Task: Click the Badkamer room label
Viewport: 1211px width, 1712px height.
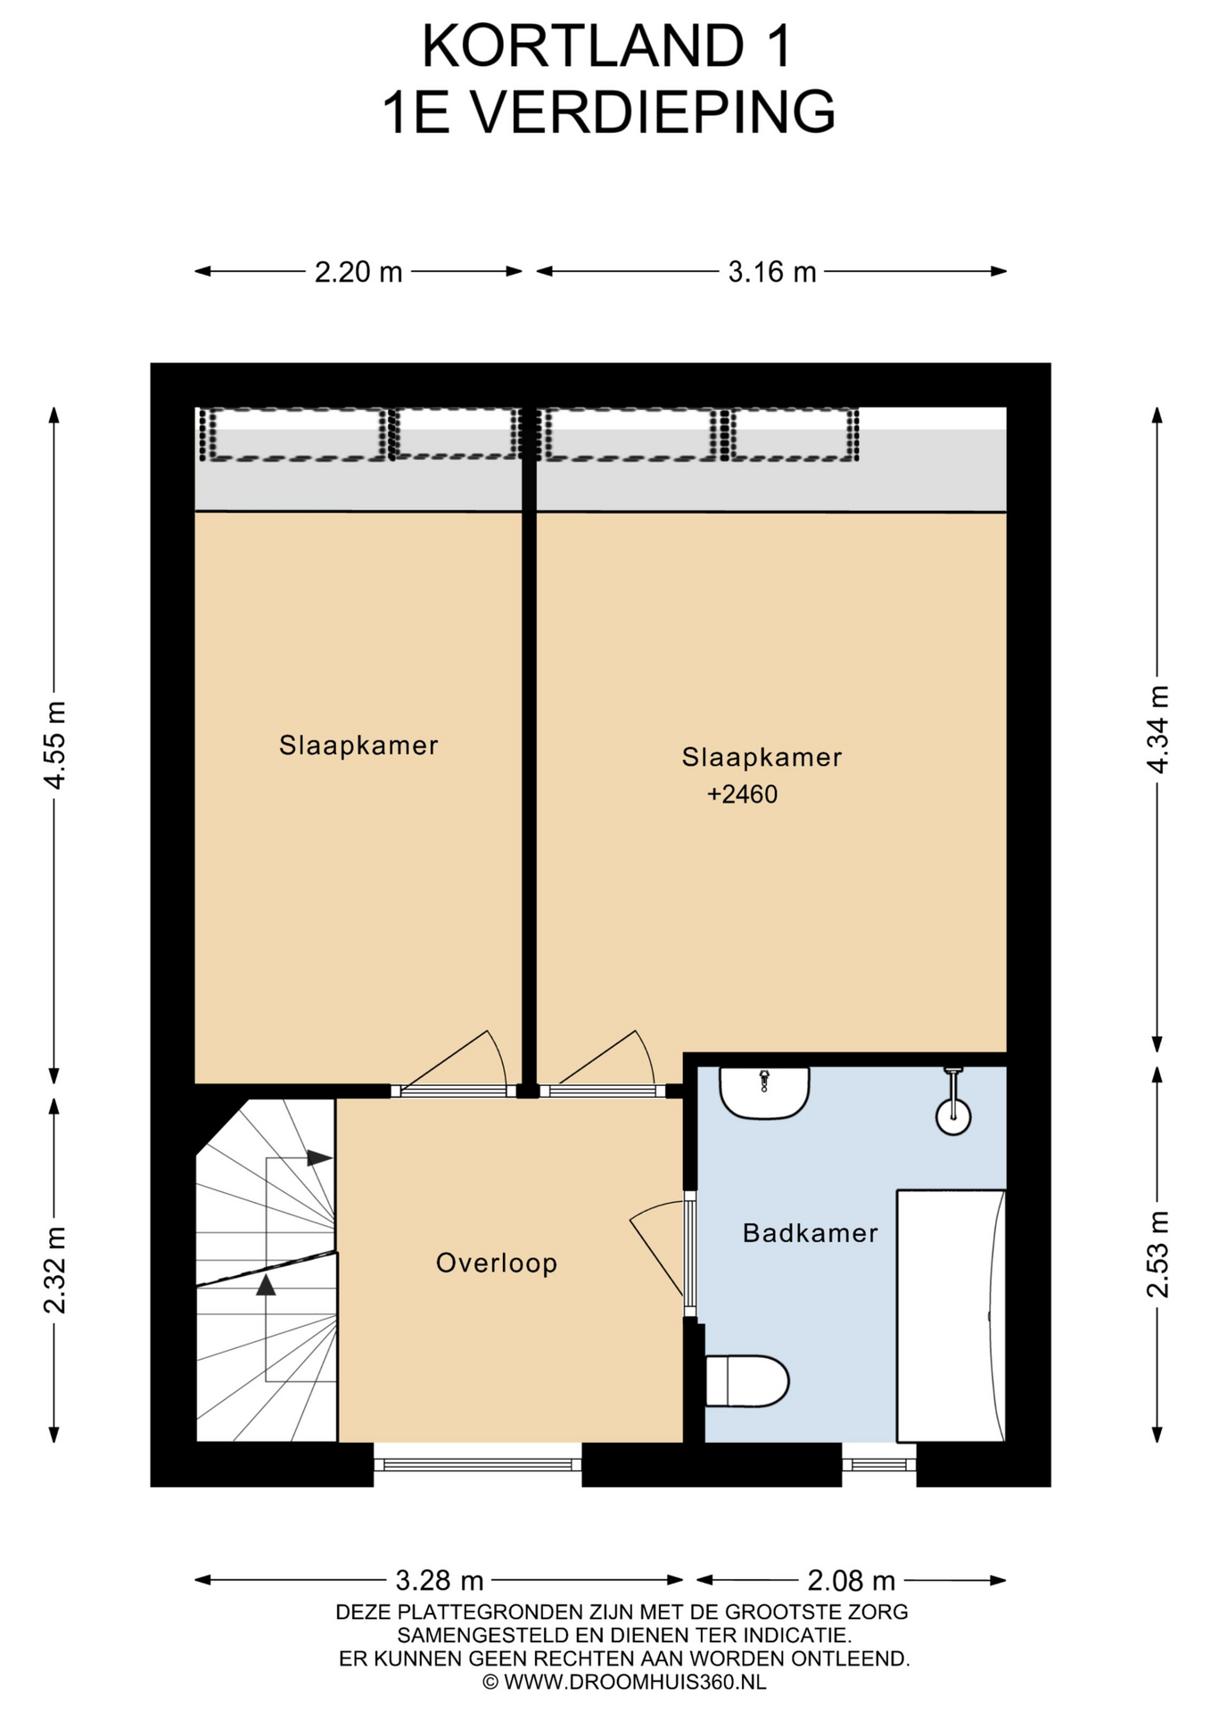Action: (x=810, y=1233)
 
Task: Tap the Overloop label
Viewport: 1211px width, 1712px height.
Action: (x=497, y=1263)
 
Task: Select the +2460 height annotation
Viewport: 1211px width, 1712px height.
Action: (x=742, y=794)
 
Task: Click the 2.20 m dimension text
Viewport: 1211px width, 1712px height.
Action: (x=358, y=271)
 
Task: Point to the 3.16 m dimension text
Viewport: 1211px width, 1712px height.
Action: (x=772, y=271)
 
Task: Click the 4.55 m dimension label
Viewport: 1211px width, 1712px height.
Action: (x=54, y=745)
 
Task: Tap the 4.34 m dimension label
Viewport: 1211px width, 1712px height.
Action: (x=1157, y=729)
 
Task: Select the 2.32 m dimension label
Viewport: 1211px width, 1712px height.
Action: (x=54, y=1270)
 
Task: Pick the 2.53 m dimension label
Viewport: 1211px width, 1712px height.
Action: (x=1157, y=1254)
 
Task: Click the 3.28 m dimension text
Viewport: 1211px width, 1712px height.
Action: (x=440, y=1581)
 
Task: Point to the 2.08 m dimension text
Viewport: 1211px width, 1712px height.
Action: (x=852, y=1581)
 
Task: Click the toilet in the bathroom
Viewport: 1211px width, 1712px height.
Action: (x=747, y=1381)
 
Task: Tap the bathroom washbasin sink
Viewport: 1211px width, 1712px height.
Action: (x=764, y=1092)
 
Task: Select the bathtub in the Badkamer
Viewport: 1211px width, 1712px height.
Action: (x=951, y=1315)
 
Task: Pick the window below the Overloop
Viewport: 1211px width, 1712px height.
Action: (x=478, y=1463)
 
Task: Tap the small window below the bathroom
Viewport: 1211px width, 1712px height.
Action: (x=879, y=1463)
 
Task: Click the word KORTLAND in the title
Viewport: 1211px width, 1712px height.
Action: (x=582, y=46)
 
